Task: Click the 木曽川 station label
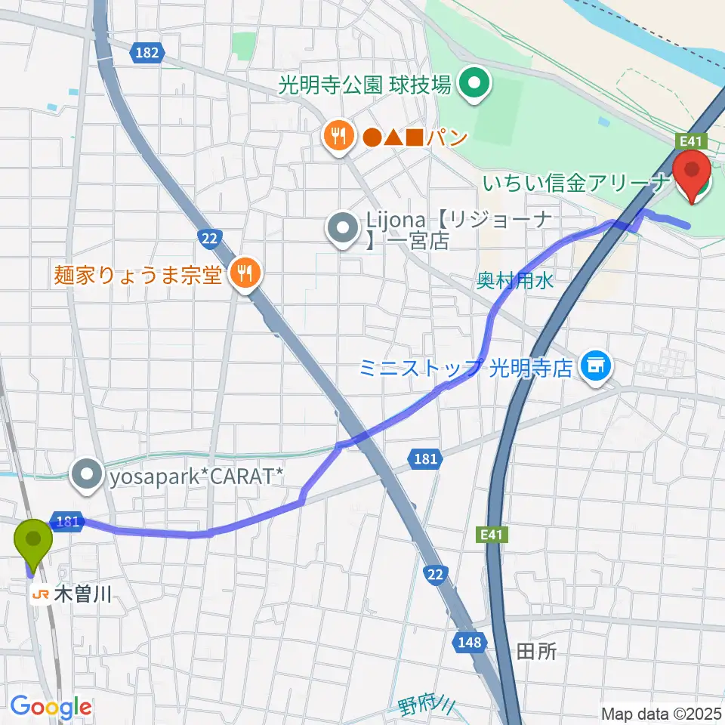[83, 595]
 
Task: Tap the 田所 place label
[536, 651]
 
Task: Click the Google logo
[51, 708]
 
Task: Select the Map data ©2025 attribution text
[661, 713]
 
